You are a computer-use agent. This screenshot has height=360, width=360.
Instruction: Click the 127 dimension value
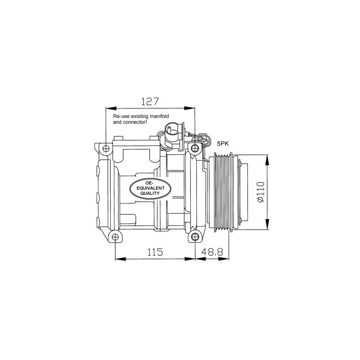tap(150, 101)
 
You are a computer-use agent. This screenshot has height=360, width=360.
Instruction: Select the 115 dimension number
tap(155, 252)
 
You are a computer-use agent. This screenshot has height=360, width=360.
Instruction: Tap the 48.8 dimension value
tap(212, 252)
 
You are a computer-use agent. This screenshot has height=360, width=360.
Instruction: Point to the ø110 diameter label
tap(261, 192)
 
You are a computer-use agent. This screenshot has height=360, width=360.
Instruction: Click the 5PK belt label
tap(223, 144)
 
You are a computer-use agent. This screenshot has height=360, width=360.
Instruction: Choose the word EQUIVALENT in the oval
tap(151, 188)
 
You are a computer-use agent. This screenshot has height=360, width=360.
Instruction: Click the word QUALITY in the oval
tap(150, 193)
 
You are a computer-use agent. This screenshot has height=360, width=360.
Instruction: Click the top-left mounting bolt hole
tap(106, 149)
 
